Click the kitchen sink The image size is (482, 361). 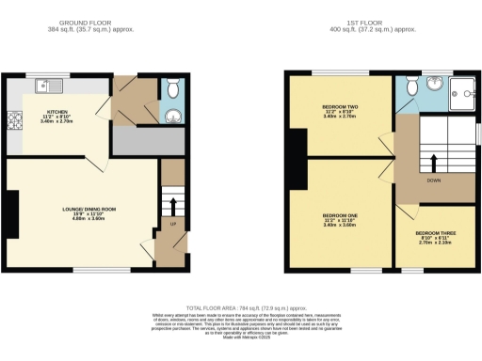(48, 86)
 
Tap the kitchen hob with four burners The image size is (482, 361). (14, 120)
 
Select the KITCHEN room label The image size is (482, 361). (45, 111)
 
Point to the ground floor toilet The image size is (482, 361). (169, 90)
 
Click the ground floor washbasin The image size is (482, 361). (171, 117)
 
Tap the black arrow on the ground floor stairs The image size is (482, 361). (172, 203)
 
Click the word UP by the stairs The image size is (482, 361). (172, 225)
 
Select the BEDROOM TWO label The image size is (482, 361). (340, 107)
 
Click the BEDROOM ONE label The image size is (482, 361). (340, 214)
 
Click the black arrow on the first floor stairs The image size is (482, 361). (434, 161)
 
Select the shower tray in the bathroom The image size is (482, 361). (461, 92)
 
